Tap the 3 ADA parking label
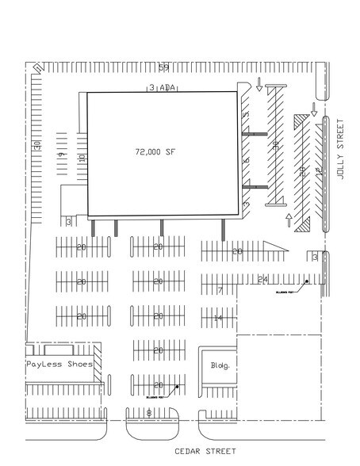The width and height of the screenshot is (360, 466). click(162, 88)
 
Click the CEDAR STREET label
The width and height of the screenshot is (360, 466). click(205, 453)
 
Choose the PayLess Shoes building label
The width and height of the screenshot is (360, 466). click(59, 365)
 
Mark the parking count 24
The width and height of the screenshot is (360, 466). click(264, 278)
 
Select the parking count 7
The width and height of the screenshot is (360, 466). click(219, 290)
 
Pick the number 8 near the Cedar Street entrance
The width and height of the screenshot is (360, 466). click(149, 412)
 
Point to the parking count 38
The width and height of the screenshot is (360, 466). click(274, 145)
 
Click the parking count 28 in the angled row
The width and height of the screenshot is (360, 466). click(301, 170)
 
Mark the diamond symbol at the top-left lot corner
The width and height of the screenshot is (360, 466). click(35, 69)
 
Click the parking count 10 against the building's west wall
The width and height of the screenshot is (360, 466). click(81, 158)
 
